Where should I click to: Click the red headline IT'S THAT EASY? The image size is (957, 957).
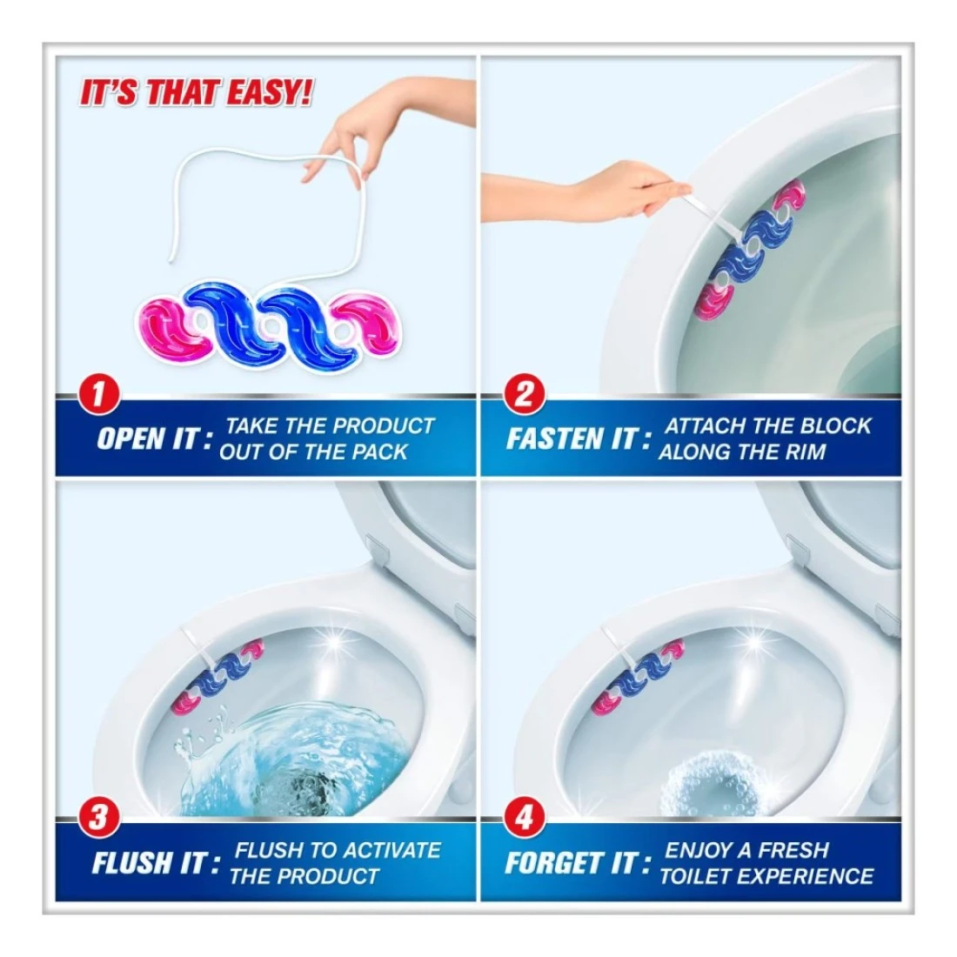pos(197,93)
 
